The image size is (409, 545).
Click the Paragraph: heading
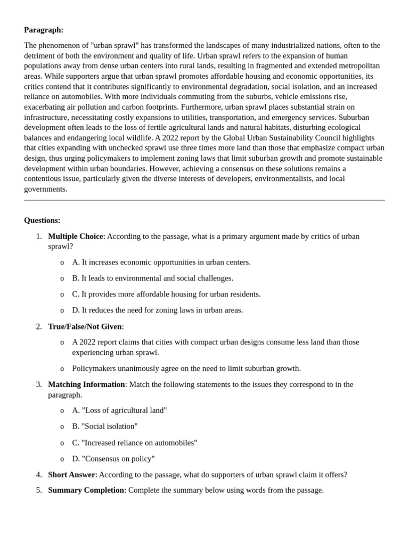44,30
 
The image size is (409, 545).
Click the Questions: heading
42,220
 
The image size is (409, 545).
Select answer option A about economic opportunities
161,262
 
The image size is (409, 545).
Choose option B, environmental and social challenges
152,278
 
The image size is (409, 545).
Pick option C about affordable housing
166,294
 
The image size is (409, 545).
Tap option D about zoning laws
157,310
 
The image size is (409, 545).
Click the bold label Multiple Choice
75,236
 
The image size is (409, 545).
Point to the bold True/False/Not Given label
85,326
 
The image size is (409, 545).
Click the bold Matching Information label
86,384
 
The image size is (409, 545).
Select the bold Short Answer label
71,474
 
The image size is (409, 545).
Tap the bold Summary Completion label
86,490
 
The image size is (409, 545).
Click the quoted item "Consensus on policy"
118,459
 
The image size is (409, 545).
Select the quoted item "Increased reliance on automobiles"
139,443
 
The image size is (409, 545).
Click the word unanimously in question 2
133,368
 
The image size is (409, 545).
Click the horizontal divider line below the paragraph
204,201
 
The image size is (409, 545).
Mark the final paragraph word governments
45,188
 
